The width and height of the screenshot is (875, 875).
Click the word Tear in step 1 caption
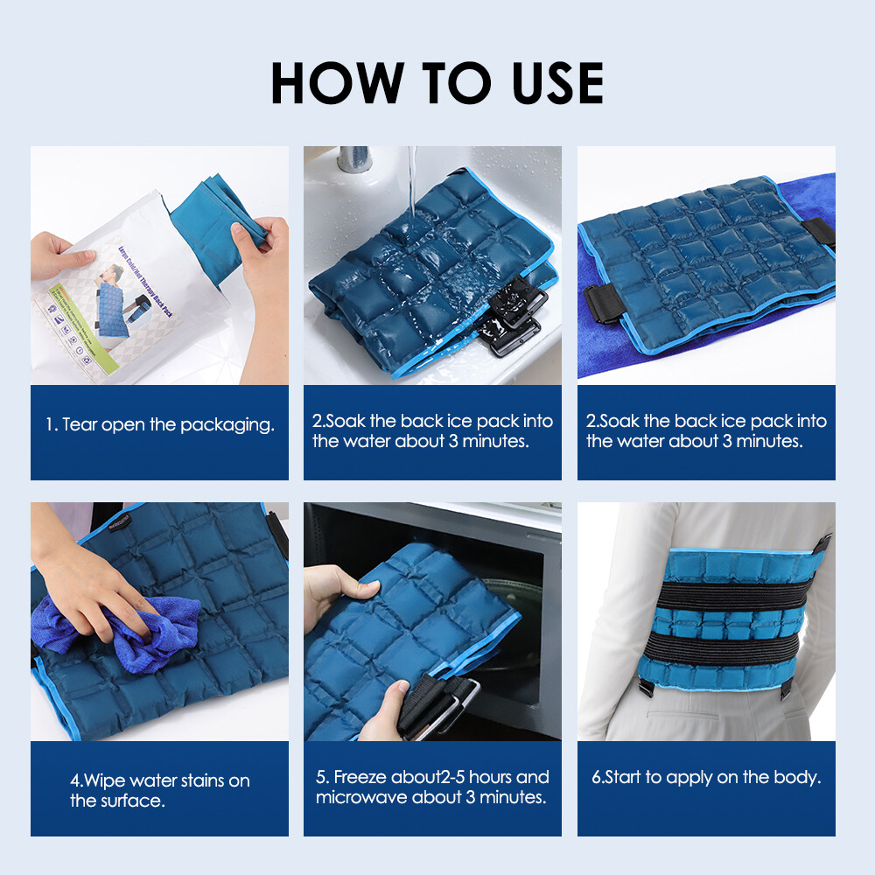click(x=80, y=425)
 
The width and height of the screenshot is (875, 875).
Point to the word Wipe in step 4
click(x=108, y=780)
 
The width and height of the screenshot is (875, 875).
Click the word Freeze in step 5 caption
click(x=360, y=777)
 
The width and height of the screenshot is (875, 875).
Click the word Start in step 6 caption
click(x=627, y=777)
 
